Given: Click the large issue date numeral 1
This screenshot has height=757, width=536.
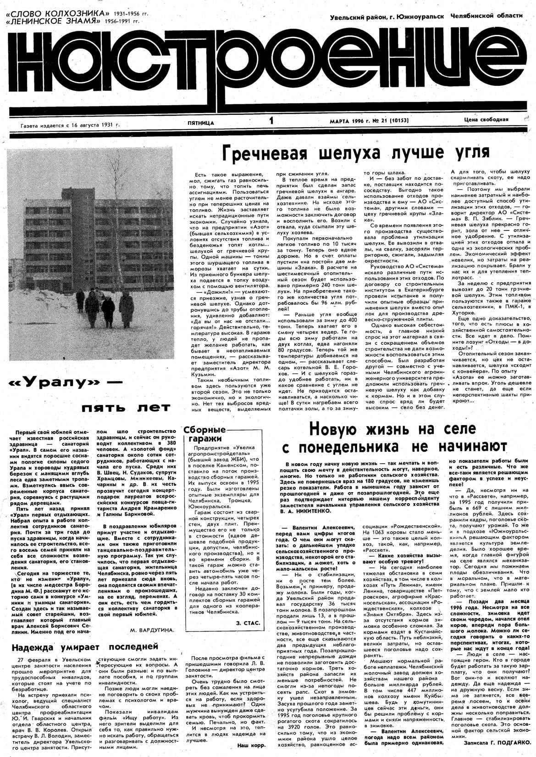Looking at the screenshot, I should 271,121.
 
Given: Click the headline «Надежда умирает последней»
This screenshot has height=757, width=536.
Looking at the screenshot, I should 78,647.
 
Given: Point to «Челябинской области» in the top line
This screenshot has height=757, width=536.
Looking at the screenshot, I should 486,16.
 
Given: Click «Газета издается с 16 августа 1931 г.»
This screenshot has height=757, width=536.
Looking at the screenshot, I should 70,124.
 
